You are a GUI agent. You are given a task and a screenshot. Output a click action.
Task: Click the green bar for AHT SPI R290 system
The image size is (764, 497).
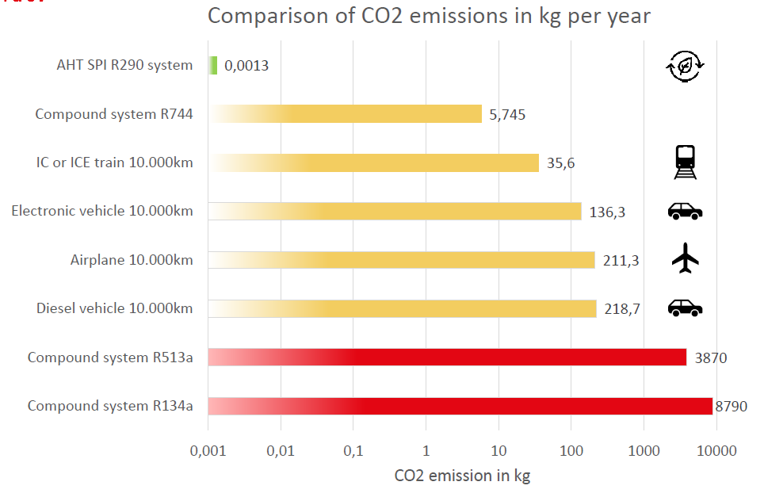[213, 65]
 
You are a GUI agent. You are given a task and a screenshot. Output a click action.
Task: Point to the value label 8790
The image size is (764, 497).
[731, 407]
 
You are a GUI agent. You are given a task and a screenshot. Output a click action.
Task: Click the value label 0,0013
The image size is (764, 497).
[246, 66]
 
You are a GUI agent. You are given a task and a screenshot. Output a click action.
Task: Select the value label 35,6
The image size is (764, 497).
[560, 163]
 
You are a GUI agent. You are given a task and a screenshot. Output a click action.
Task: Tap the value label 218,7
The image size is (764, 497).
[622, 309]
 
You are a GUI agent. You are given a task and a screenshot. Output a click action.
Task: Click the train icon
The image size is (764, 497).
[686, 162]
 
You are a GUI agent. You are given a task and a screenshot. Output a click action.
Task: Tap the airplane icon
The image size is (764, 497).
[686, 258]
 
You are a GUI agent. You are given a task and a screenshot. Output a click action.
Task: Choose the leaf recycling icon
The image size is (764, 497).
[686, 67]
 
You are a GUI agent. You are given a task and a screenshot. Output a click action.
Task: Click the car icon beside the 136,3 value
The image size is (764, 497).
[686, 211]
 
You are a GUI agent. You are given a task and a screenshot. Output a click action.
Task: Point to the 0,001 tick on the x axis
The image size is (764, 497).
[208, 451]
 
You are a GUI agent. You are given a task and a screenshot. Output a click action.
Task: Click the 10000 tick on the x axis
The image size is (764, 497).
[716, 451]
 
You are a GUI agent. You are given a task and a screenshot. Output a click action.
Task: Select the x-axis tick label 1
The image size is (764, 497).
[426, 451]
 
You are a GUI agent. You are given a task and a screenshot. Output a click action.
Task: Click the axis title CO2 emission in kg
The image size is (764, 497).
[462, 476]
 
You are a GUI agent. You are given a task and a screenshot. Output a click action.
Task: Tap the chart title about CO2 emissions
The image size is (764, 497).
[429, 17]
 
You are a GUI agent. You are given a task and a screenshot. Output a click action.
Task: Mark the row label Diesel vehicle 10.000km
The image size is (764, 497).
[114, 308]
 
